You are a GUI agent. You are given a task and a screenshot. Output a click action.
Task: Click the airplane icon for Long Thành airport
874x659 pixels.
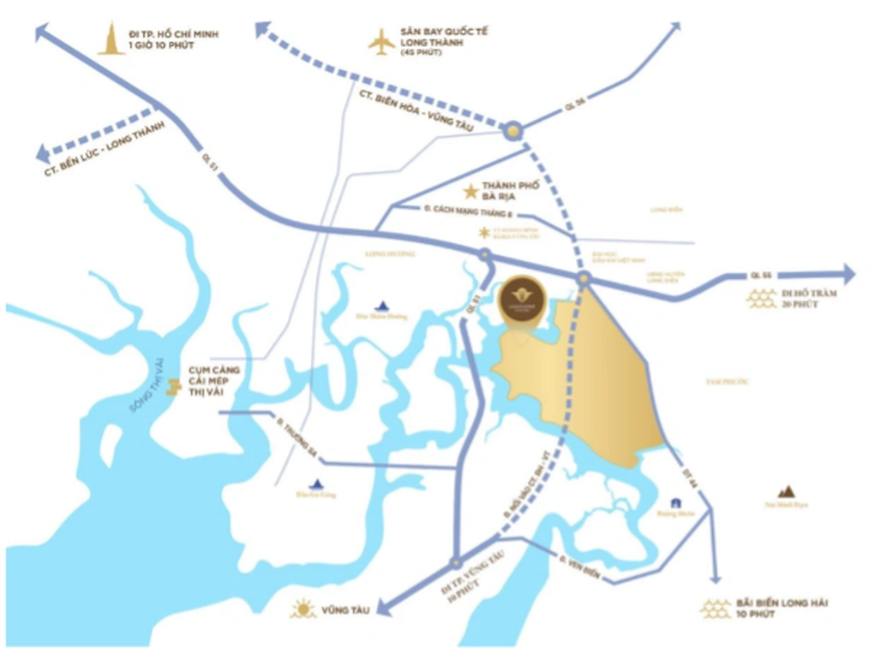click(x=381, y=41)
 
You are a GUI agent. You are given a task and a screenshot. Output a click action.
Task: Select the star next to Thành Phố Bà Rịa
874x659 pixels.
click(x=470, y=192)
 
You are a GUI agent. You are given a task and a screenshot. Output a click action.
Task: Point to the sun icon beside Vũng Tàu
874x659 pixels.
click(x=302, y=609)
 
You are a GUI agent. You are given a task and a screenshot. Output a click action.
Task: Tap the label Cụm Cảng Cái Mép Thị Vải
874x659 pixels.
click(x=215, y=381)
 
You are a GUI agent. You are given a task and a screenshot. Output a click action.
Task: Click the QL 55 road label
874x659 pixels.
click(x=761, y=276)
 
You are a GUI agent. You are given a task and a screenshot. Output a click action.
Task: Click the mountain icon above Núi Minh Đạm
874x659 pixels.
click(x=786, y=491)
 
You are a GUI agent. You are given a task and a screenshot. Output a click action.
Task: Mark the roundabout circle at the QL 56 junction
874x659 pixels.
click(x=512, y=131)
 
